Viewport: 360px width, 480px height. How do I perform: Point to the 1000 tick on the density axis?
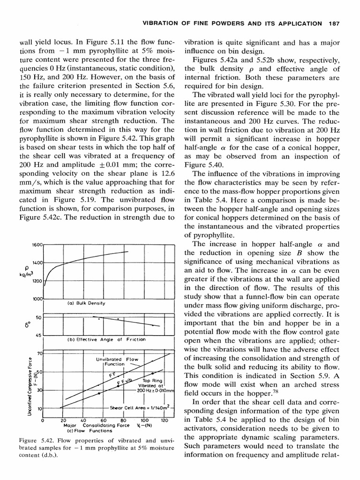tap(37, 298)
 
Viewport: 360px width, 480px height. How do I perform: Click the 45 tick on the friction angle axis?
tap(39, 335)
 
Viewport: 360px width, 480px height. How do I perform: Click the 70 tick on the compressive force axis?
tap(39, 353)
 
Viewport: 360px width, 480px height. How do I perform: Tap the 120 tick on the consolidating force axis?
tap(164, 420)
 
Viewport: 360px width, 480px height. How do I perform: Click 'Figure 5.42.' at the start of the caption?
tap(35, 441)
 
